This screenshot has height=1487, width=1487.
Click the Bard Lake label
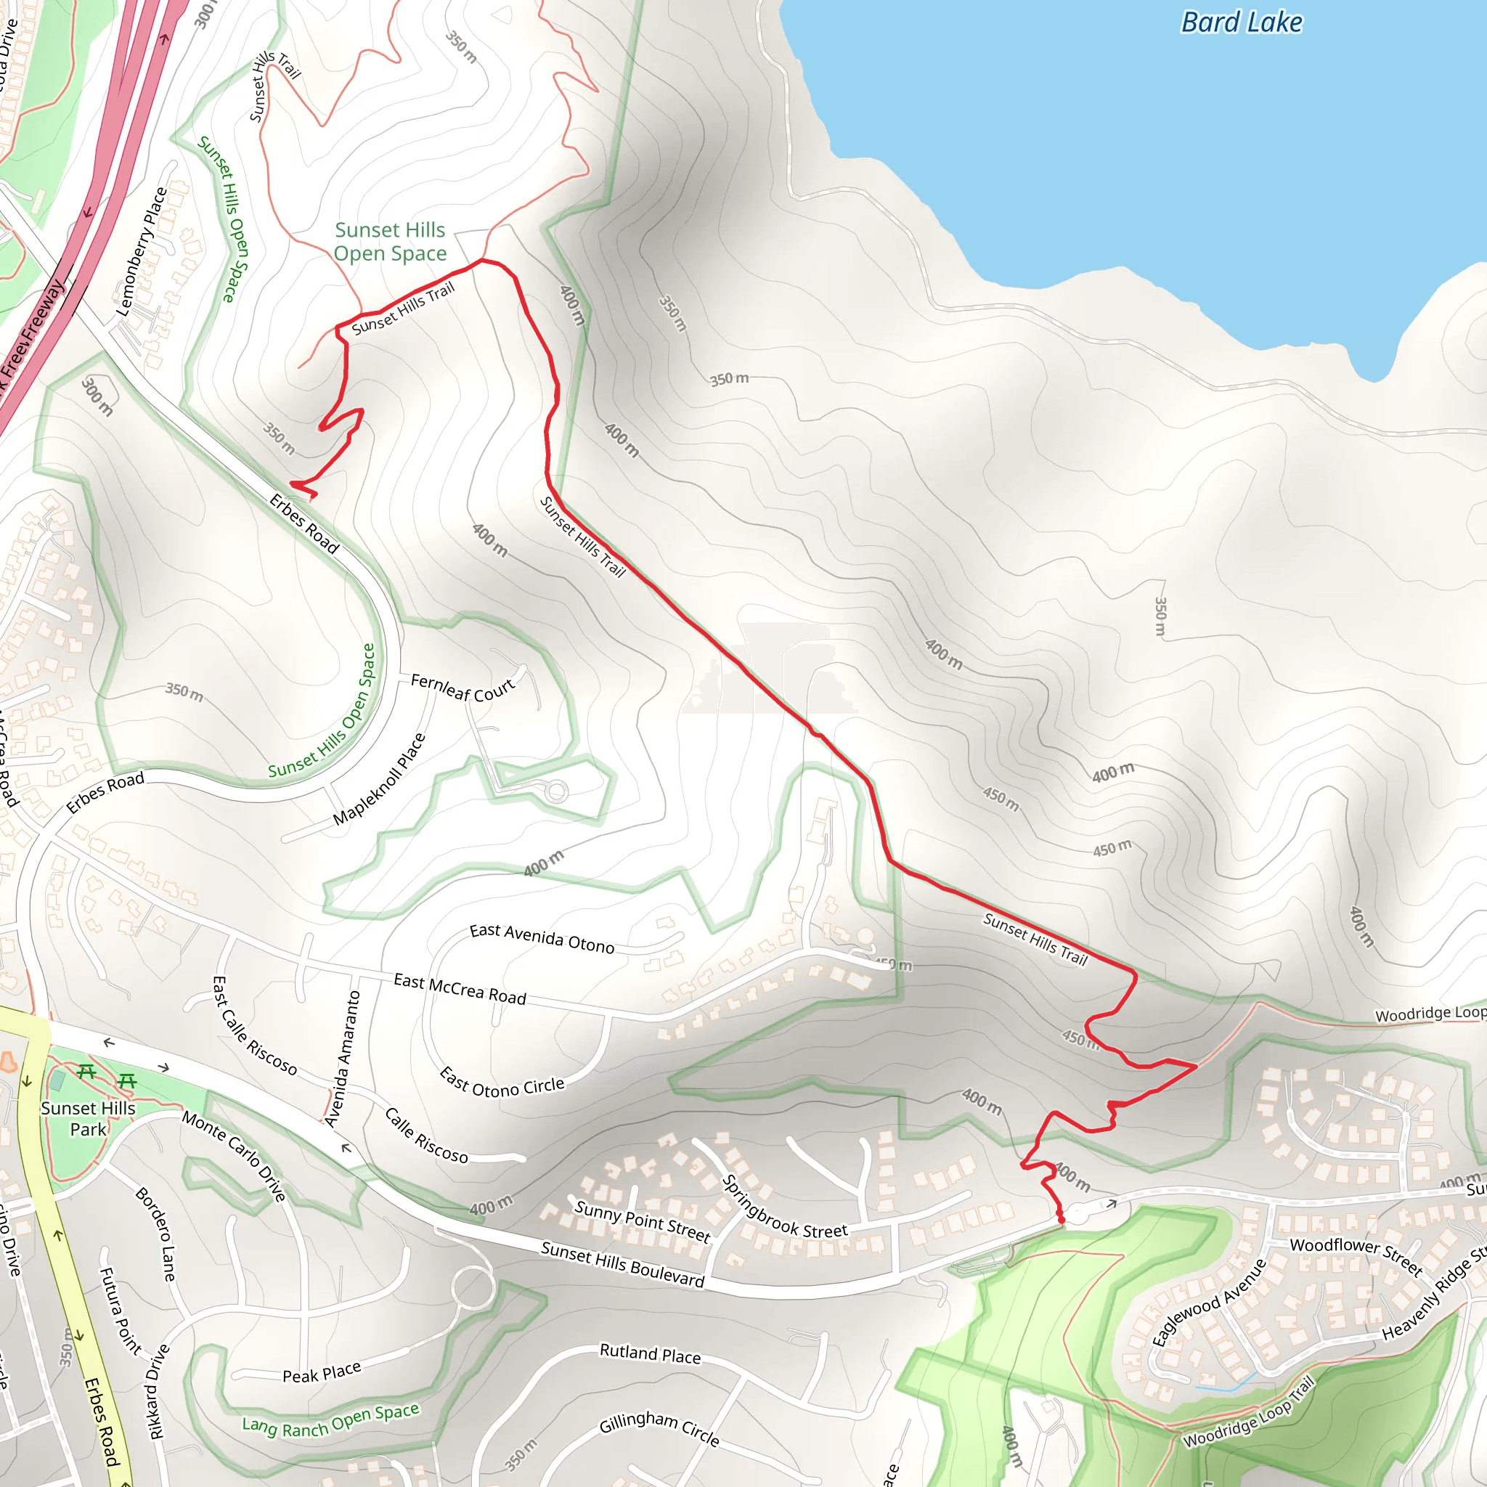(1242, 23)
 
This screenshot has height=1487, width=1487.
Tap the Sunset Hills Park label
(88, 1118)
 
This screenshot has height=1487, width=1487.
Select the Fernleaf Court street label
(463, 687)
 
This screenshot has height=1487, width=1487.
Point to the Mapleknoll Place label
(380, 779)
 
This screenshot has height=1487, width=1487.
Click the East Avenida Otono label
(542, 938)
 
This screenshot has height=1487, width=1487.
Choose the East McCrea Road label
(460, 989)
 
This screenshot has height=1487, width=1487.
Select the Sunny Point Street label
(642, 1221)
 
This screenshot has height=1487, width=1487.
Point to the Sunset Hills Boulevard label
(623, 1264)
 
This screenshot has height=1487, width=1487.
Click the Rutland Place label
(651, 1354)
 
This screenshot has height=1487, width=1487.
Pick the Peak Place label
(322, 1374)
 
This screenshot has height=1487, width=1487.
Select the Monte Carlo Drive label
(235, 1155)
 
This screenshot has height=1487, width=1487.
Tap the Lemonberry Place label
(142, 252)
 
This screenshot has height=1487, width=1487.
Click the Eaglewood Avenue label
(1209, 1303)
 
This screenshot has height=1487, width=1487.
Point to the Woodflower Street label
(1356, 1256)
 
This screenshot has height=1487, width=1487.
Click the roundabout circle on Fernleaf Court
(555, 791)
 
